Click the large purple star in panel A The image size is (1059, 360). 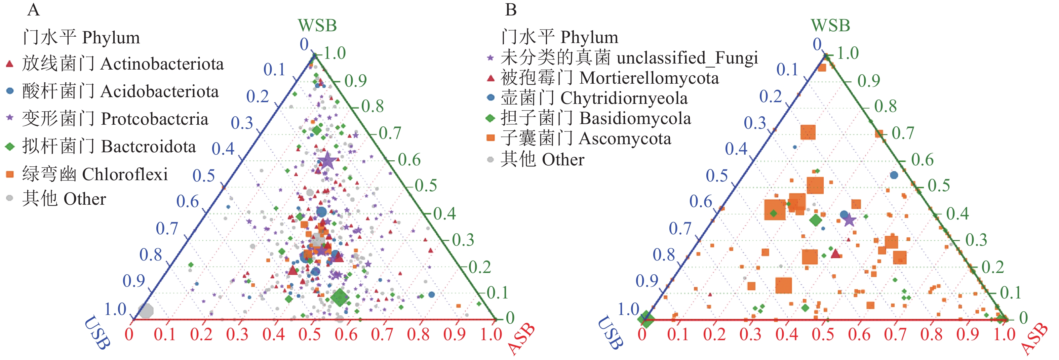click(x=327, y=161)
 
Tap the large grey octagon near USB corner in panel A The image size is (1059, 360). click(x=146, y=310)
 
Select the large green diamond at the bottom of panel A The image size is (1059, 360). click(x=340, y=297)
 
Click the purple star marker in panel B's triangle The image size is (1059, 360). click(x=849, y=220)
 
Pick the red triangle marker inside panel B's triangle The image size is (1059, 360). click(x=835, y=253)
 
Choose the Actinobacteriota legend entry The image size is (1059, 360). click(x=115, y=64)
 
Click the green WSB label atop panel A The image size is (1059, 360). click(x=317, y=26)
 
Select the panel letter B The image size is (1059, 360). click(x=511, y=10)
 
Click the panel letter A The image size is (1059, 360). click(x=33, y=10)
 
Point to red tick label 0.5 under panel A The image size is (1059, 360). click(x=309, y=334)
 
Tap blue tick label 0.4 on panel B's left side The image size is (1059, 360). click(x=736, y=149)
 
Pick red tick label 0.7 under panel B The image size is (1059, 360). click(x=895, y=334)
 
